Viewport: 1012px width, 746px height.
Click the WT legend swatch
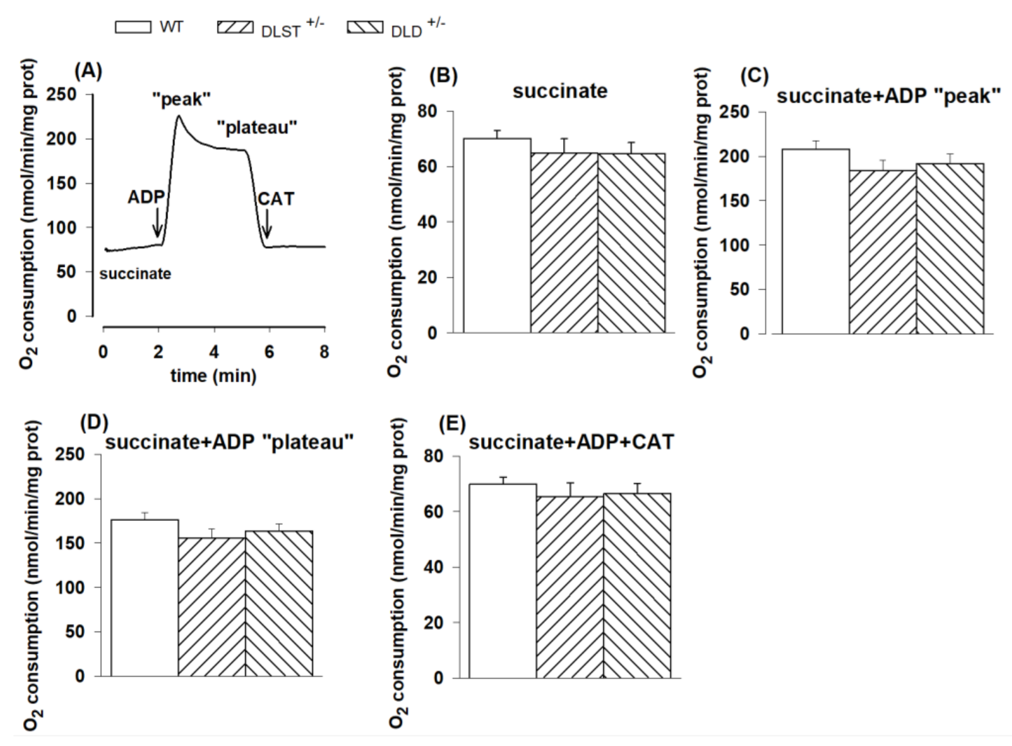tap(133, 27)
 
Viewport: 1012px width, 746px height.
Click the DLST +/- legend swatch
tap(235, 27)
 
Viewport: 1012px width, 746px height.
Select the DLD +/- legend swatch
tap(365, 27)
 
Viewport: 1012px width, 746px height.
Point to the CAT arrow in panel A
tap(267, 224)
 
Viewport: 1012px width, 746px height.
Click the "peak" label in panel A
tap(182, 99)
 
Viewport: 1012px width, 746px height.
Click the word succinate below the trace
tap(135, 273)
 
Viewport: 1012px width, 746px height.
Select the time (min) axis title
tap(213, 375)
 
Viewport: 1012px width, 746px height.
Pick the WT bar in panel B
tap(497, 235)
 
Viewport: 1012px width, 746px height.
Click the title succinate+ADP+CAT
tap(571, 442)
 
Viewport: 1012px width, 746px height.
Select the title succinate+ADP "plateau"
tap(229, 442)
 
